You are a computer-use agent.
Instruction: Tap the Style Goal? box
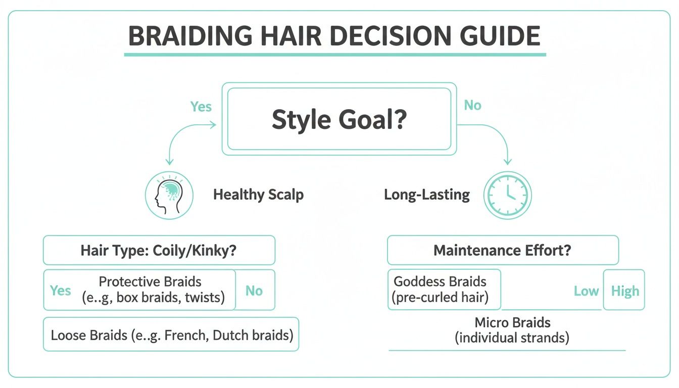(339, 119)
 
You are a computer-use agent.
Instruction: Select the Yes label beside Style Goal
(201, 107)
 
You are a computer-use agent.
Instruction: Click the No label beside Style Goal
(472, 106)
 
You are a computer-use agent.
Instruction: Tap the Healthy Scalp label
(258, 195)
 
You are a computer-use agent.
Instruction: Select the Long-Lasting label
(427, 195)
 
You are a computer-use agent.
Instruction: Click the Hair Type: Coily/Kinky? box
(159, 251)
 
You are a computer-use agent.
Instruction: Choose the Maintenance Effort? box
(502, 251)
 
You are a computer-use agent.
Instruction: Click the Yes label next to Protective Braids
(61, 290)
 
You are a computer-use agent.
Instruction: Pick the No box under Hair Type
(255, 290)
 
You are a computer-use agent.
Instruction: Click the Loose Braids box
(171, 334)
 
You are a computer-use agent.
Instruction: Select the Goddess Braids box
(444, 289)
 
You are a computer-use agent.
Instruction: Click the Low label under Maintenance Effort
(586, 291)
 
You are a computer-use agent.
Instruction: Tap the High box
(624, 290)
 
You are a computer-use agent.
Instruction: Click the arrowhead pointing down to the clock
(508, 161)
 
